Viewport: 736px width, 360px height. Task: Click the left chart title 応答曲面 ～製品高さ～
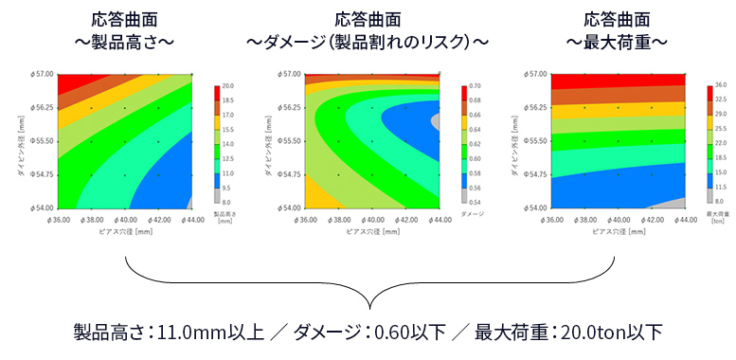[124, 30]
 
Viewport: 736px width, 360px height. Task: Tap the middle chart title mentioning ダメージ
[368, 30]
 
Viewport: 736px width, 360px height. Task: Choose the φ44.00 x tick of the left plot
[192, 219]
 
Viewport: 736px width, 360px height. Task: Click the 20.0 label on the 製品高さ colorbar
[227, 85]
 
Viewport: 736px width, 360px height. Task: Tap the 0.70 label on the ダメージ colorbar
[471, 85]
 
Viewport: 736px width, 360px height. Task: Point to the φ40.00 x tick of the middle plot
[371, 219]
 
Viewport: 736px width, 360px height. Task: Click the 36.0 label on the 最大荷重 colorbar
[719, 85]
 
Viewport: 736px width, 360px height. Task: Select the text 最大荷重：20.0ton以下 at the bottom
[568, 332]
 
